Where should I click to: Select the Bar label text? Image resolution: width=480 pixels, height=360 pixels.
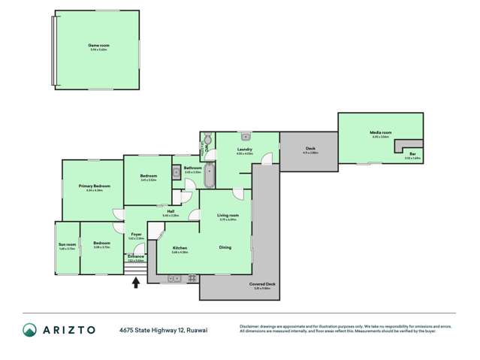412,154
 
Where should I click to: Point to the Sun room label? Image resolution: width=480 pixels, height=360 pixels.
66,244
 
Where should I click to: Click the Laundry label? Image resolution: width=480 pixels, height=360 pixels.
244,150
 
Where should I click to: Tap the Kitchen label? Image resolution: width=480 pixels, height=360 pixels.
180,248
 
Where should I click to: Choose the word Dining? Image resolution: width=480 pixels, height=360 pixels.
225,247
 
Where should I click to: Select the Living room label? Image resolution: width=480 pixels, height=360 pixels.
227,216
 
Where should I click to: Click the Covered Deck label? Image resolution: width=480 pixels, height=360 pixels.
262,283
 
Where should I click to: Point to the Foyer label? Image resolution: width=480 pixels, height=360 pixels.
136,234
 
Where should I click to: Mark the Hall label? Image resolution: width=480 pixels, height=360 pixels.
171,211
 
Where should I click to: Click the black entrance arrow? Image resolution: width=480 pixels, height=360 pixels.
136,283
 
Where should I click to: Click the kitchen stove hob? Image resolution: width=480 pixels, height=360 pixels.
192,278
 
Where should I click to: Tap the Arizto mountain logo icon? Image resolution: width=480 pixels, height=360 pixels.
29,329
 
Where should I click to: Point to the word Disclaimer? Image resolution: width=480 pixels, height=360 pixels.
250,325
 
